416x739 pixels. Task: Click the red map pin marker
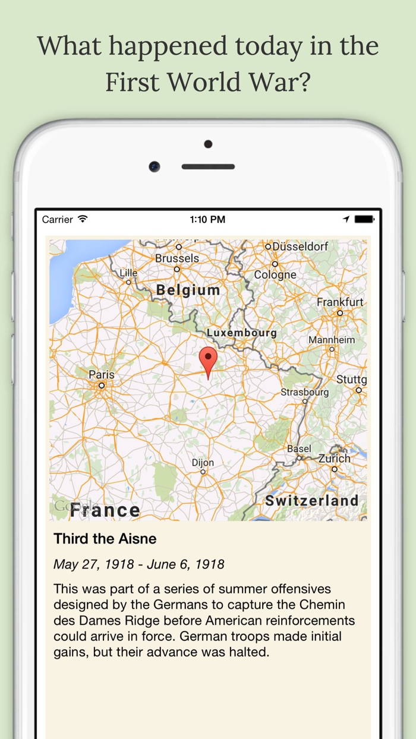coord(208,359)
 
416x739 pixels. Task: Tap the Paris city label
coord(102,375)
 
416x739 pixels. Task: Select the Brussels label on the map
coord(177,258)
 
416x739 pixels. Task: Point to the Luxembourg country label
coord(241,333)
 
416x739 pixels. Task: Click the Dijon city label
coord(203,463)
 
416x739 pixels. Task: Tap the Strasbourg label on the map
coord(305,392)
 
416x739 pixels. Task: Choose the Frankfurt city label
coord(340,302)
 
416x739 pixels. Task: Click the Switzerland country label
coord(312,501)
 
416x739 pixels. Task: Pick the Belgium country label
coord(188,290)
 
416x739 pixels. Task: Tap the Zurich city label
coord(334,459)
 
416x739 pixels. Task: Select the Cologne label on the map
coord(275,274)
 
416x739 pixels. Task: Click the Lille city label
coord(128,273)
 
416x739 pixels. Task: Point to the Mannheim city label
coord(332,340)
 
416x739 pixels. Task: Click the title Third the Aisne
coord(105,539)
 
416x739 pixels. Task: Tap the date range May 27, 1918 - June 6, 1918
coord(139,564)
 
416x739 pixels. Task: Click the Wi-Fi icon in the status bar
coord(83,219)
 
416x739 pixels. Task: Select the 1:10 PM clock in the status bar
coord(207,220)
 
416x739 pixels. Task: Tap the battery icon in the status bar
coord(364,219)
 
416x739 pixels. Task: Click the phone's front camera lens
coord(155,167)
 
